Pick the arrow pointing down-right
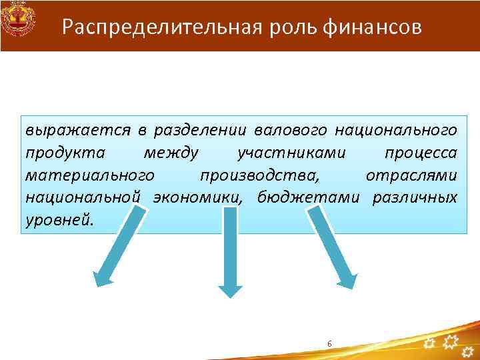pos(333,247)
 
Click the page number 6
pos(329,343)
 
